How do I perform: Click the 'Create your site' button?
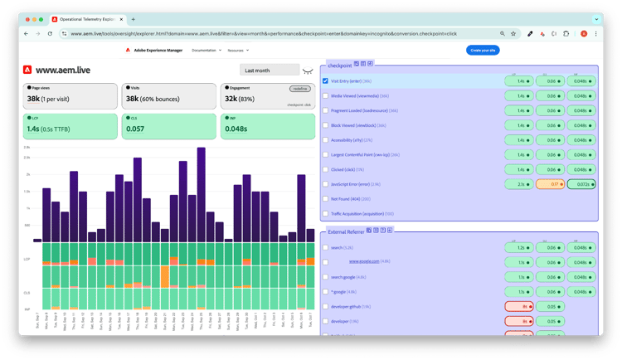pyautogui.click(x=482, y=51)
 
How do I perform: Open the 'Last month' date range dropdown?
pyautogui.click(x=267, y=70)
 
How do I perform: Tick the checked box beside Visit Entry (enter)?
pyautogui.click(x=325, y=81)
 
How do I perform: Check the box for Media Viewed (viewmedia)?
pyautogui.click(x=325, y=96)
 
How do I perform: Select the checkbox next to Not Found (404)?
pyautogui.click(x=325, y=199)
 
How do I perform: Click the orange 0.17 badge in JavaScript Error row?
pyautogui.click(x=550, y=184)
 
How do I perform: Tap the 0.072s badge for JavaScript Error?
pyautogui.click(x=581, y=184)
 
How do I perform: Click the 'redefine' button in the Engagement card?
pyautogui.click(x=299, y=88)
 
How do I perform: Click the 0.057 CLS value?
pyautogui.click(x=135, y=129)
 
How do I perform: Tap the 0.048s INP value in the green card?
pyautogui.click(x=236, y=129)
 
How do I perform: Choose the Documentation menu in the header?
pyautogui.click(x=205, y=51)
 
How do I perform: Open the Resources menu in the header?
pyautogui.click(x=237, y=51)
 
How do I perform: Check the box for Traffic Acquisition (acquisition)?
pyautogui.click(x=325, y=214)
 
